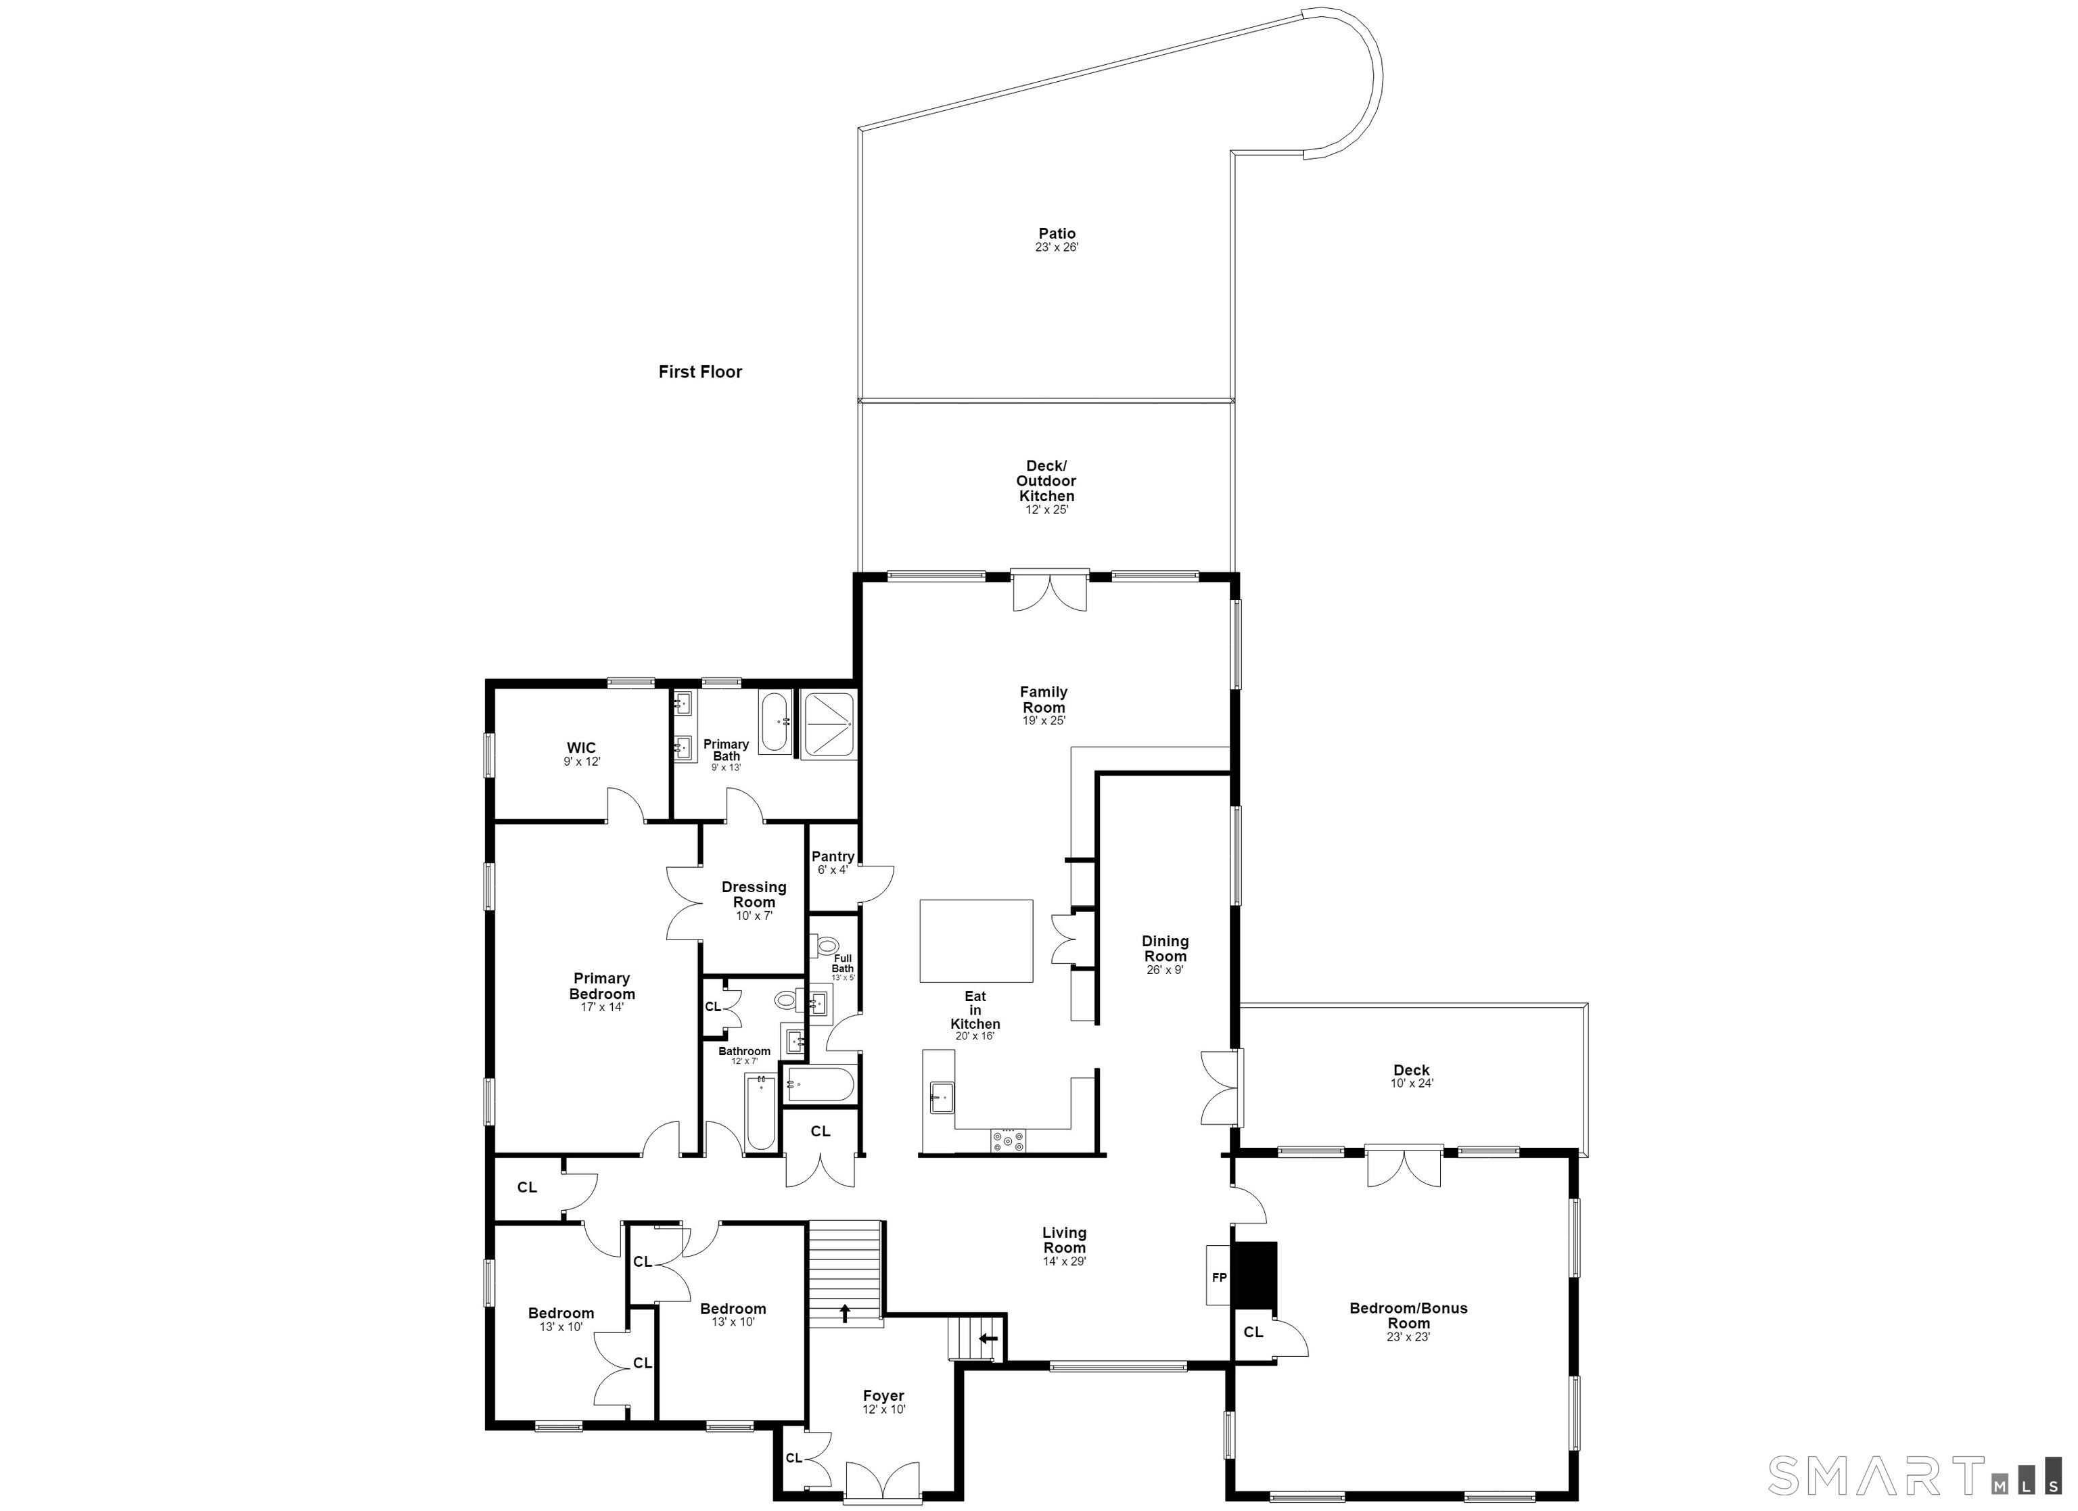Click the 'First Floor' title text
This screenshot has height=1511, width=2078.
[700, 372]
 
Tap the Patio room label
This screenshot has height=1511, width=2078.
[1057, 233]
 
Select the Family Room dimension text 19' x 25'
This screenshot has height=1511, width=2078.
[1044, 721]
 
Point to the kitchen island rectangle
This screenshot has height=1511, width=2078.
[977, 941]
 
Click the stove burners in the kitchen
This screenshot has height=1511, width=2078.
[1008, 1141]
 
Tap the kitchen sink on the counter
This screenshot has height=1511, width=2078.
[941, 1097]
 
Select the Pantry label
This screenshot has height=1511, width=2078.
[833, 857]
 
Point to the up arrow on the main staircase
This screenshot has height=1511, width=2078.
[845, 1313]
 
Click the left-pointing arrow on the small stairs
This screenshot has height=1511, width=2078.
[988, 1339]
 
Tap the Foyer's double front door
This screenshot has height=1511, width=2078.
[881, 1482]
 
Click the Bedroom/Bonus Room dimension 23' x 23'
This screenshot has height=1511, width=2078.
[1409, 1337]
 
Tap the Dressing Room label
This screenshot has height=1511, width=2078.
[754, 894]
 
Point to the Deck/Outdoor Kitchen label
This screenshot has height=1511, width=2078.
[1046, 481]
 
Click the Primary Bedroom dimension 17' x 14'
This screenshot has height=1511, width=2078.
[602, 1007]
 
